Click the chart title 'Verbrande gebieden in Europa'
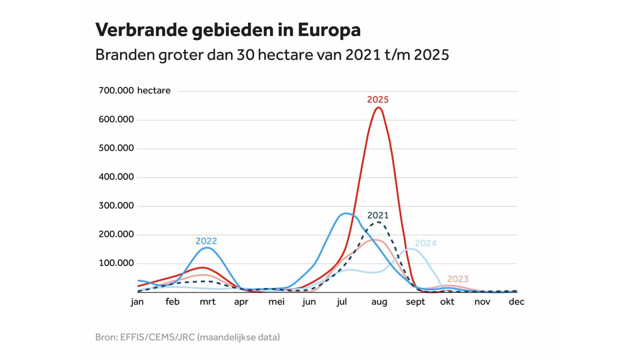coord(228,30)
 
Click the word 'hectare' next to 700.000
coord(154,91)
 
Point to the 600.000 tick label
coord(116,120)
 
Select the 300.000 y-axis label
coord(116,206)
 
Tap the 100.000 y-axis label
coord(116,263)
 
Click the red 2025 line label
coord(378,100)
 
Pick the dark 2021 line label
coord(378,215)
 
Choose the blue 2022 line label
coord(206,241)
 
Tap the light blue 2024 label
coord(425,243)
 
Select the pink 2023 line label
coord(458,279)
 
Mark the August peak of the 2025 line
coord(378,108)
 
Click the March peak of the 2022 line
coord(206,248)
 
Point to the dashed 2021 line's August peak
coord(378,222)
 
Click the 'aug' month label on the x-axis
coord(379,302)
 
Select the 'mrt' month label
coord(208,302)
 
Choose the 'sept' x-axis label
coord(415,302)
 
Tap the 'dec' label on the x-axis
coord(516,302)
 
